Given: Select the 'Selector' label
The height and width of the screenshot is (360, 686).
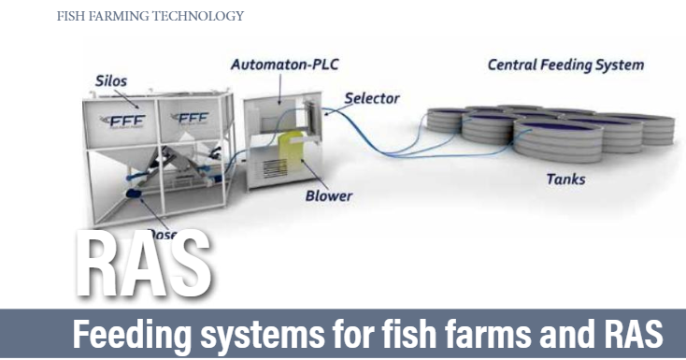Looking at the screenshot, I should (371, 98).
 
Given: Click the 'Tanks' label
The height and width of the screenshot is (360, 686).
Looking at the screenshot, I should (566, 178).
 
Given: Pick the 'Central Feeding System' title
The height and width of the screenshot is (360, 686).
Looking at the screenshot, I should (565, 65).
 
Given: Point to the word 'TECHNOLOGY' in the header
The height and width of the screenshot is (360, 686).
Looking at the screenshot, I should (196, 16).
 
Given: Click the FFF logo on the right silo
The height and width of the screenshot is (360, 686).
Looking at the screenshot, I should (193, 118).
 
